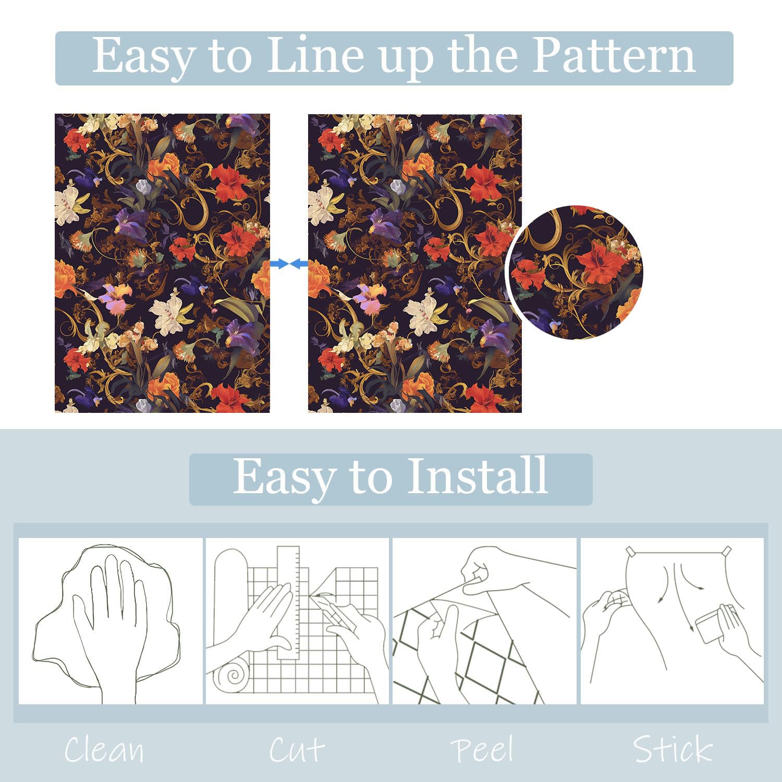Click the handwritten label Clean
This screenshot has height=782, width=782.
104,750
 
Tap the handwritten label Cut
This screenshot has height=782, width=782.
297,750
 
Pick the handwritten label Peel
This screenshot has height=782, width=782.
482,750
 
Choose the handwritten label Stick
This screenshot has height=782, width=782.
673,750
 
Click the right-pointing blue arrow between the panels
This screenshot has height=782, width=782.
279,264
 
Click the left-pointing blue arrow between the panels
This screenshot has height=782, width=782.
299,264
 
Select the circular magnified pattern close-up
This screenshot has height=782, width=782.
575,272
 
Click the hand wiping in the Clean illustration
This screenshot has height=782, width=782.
109,626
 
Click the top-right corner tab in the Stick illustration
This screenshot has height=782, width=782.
727,550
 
